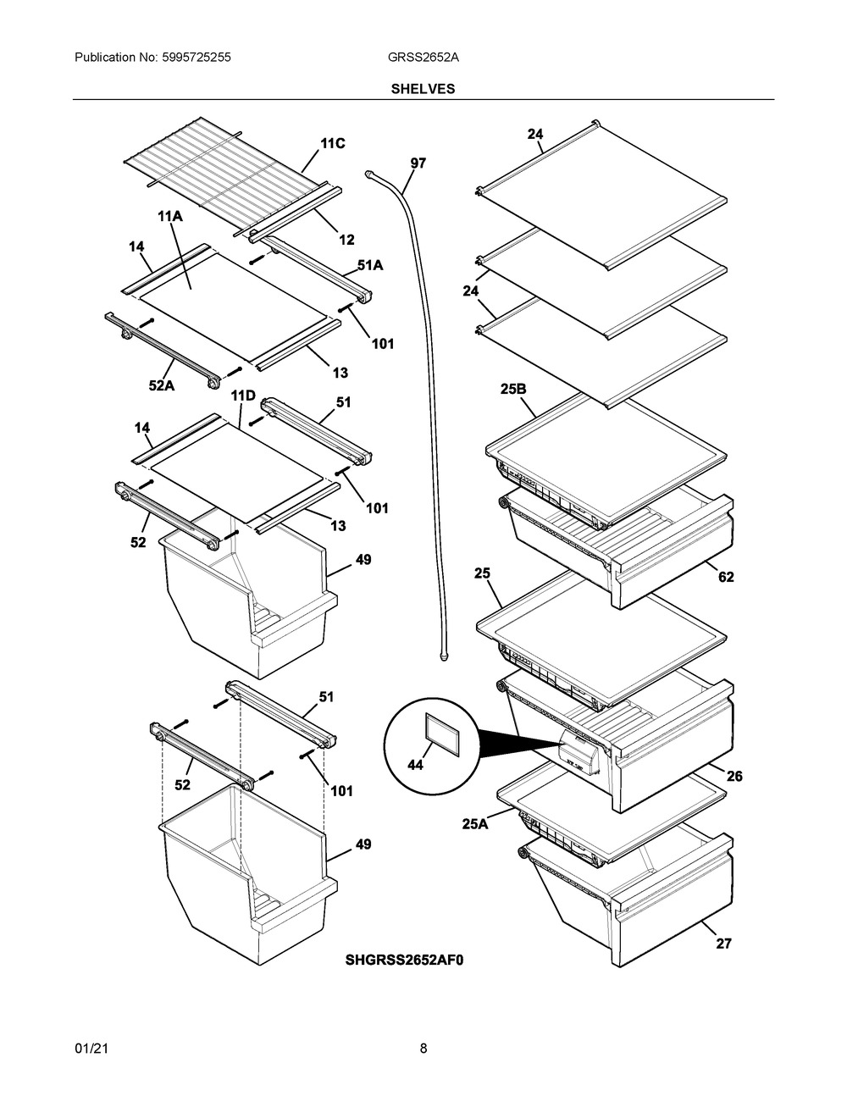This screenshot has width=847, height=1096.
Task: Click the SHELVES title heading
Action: (423, 88)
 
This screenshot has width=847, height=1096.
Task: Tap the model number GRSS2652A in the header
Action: (423, 58)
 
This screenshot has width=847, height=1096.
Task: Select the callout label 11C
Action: (332, 144)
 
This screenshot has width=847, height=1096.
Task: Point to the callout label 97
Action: (418, 163)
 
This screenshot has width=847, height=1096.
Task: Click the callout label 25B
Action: (513, 389)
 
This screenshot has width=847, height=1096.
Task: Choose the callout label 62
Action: (726, 577)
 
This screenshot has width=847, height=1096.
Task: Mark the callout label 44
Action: (415, 765)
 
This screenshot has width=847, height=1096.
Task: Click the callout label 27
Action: (723, 943)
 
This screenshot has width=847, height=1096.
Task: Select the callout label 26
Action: (734, 776)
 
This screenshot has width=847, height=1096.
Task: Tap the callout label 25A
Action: (474, 822)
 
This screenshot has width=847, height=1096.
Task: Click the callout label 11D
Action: (243, 396)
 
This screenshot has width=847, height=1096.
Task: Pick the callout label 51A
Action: (370, 265)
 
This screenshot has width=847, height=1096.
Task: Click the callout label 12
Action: (346, 240)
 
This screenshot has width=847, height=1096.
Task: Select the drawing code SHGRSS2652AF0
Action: (405, 960)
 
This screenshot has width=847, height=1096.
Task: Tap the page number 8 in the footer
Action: (423, 1049)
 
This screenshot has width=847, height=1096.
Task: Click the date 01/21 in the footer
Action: (90, 1049)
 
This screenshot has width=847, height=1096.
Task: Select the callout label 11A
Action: (170, 217)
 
